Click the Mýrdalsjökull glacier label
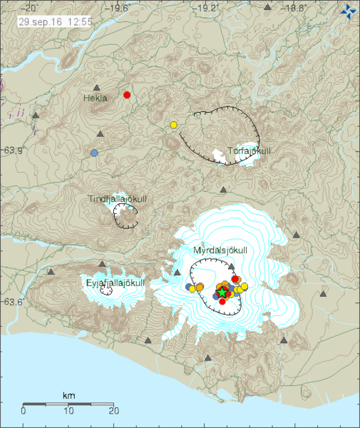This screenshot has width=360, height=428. [220, 250]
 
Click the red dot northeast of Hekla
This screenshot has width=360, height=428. [127, 95]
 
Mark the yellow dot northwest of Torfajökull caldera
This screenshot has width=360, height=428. [173, 126]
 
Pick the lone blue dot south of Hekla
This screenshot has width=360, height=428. [94, 153]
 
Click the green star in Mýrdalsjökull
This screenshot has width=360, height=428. [222, 292]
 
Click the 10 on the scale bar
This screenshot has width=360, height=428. [68, 409]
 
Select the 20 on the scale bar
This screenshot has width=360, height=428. [113, 409]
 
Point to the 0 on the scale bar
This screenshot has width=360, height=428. [24, 409]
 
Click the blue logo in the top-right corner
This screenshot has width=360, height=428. [348, 11]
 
